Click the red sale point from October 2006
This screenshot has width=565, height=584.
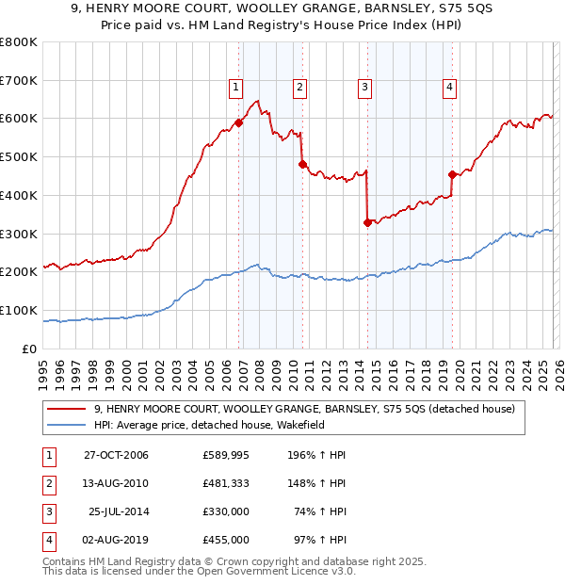coord(239,122)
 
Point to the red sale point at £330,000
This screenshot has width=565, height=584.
coord(367,222)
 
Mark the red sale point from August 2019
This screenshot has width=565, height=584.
coord(452,174)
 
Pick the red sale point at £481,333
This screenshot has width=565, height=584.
coord(302,164)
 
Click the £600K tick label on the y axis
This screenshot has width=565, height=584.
coord(19,119)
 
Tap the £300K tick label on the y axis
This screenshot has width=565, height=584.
coord(19,234)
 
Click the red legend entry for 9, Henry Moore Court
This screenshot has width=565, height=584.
coord(304,409)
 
